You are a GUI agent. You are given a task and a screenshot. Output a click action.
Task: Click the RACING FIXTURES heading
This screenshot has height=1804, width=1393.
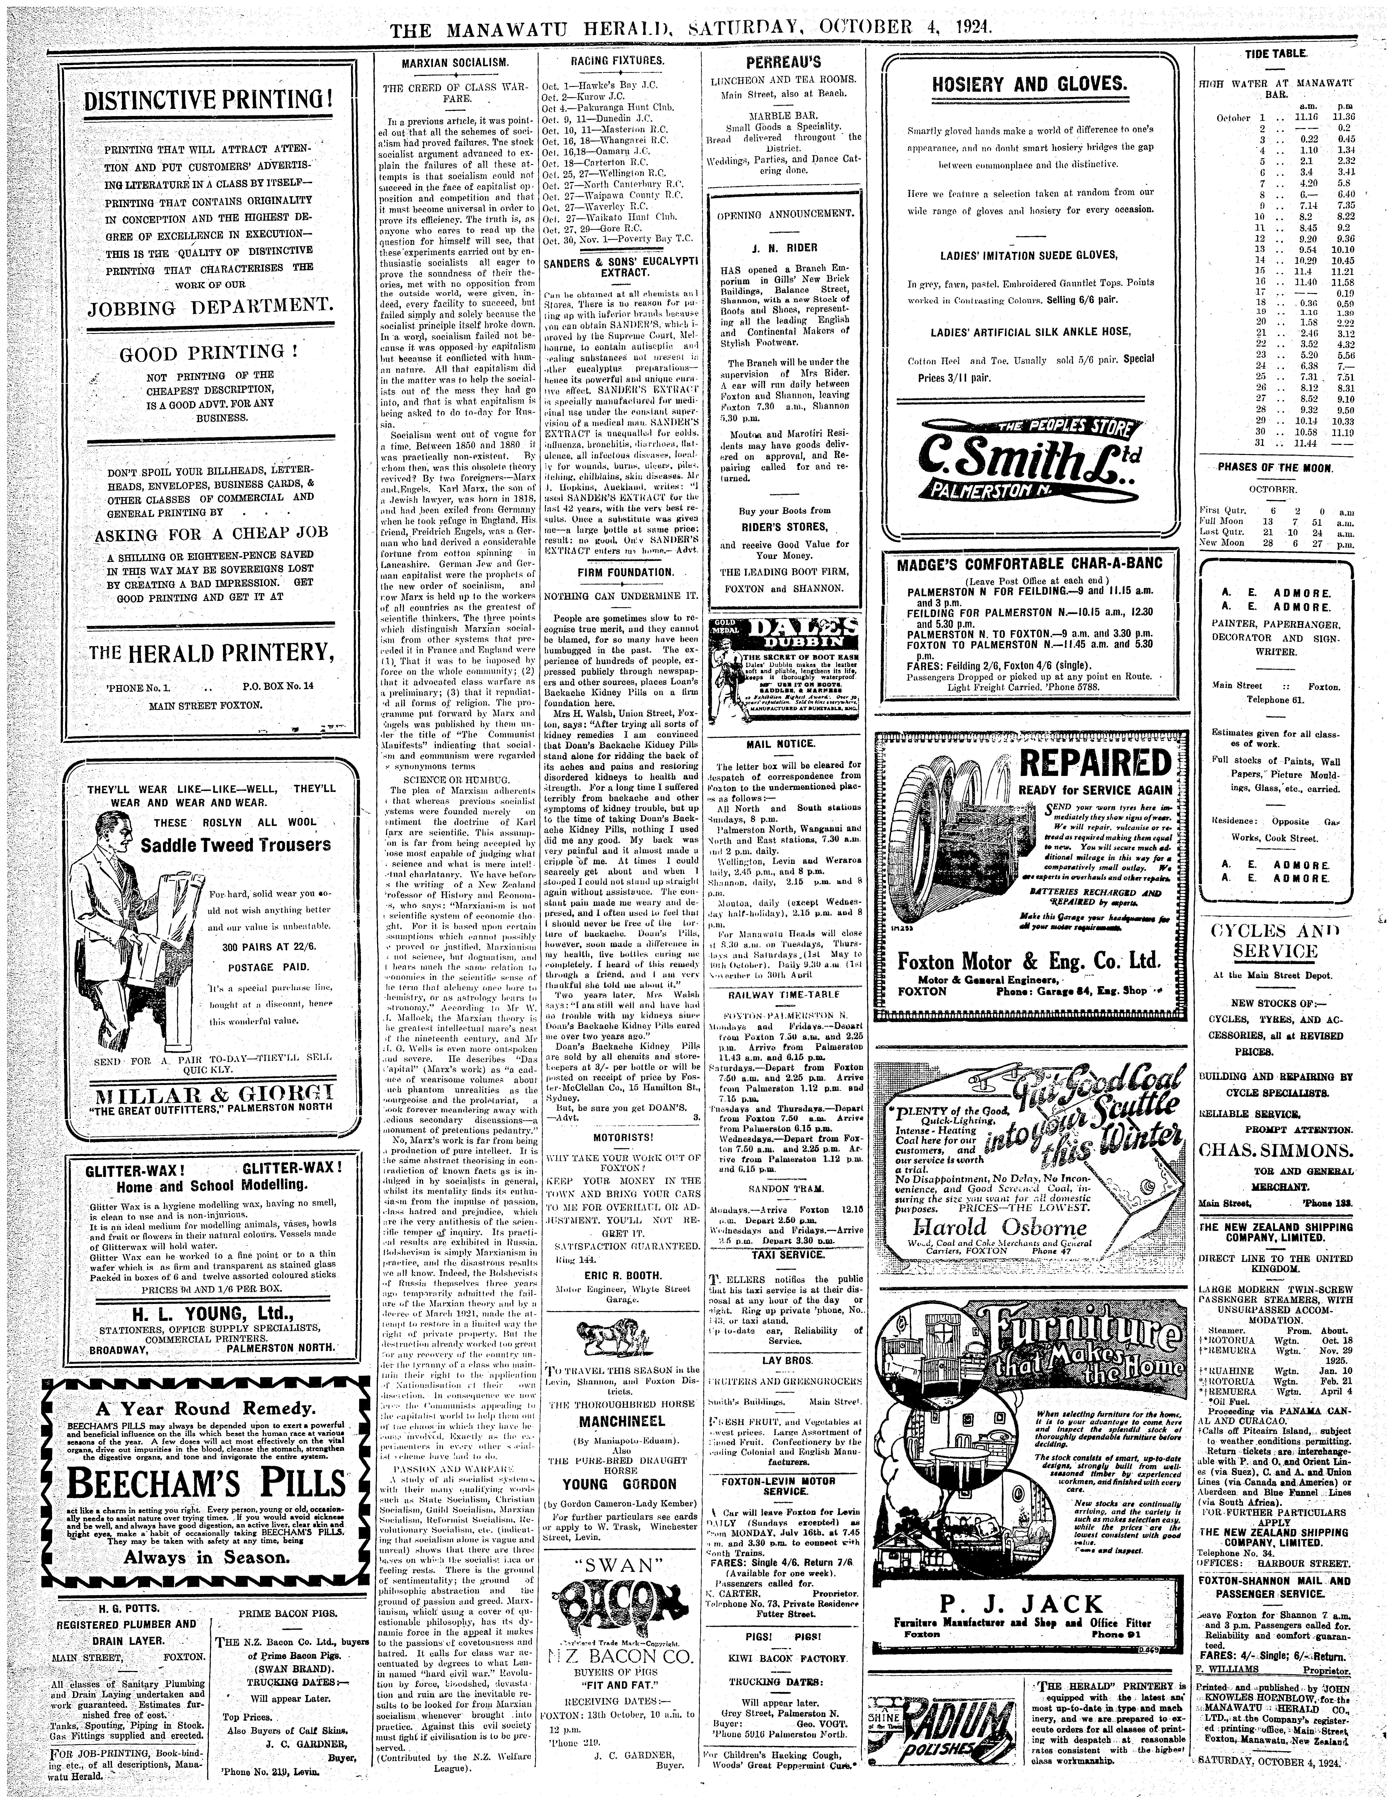[x=617, y=60]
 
